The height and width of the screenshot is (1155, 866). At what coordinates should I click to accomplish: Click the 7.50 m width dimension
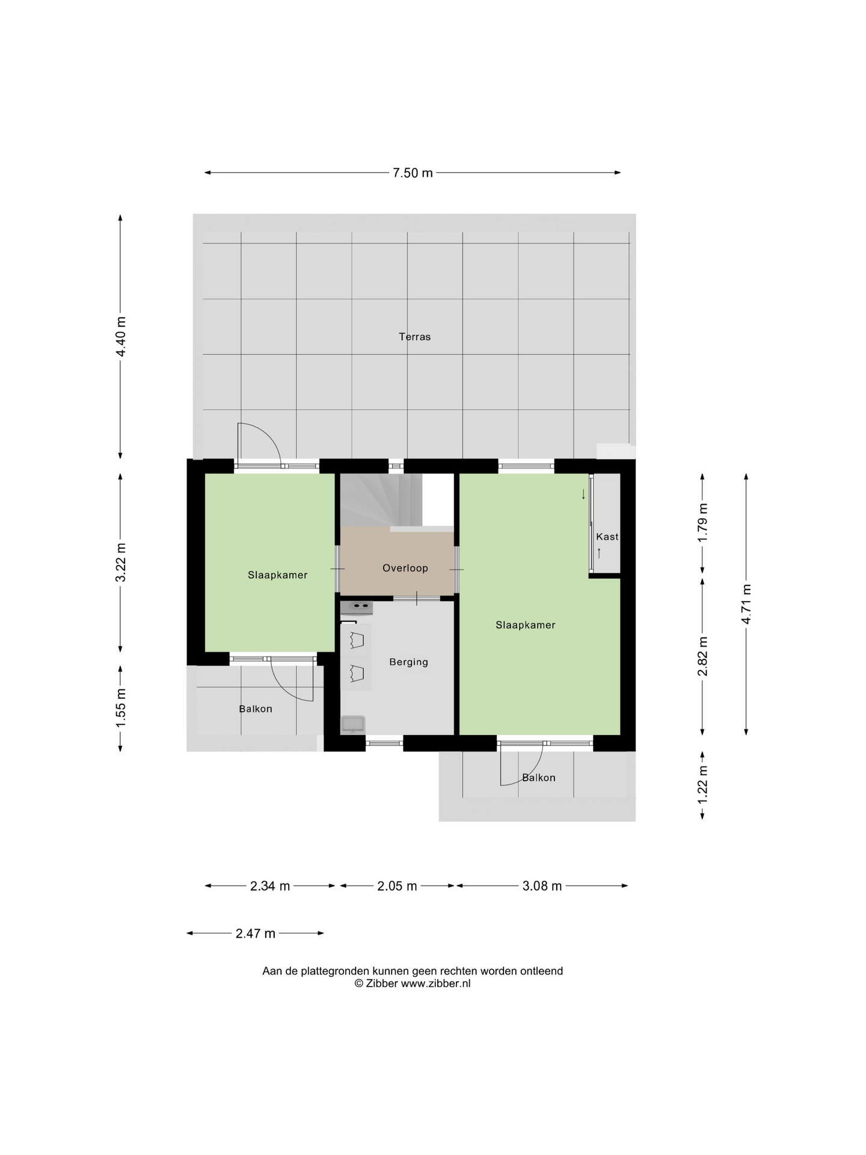pos(413,173)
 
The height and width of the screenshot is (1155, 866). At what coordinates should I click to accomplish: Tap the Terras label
pos(415,337)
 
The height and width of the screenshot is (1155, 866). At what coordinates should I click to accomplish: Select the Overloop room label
pos(405,568)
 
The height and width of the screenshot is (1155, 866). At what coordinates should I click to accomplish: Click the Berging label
pos(409,662)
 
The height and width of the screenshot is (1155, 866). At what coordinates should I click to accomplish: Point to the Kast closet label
pos(607,537)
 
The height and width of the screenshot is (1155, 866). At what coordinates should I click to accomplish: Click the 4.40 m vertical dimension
pos(121,336)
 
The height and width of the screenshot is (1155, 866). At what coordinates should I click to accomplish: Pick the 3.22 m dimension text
pos(121,562)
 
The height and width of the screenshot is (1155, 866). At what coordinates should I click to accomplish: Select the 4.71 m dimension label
pos(746,604)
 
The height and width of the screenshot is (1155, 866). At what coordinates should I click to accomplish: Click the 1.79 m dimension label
pos(702,522)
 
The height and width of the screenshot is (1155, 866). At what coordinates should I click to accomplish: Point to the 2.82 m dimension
pos(702,656)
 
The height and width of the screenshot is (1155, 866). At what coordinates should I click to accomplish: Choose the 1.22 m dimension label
pos(702,784)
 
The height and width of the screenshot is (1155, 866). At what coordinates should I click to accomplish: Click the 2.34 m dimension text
pos(270,886)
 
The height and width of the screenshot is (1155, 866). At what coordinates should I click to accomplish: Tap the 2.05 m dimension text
pos(397,886)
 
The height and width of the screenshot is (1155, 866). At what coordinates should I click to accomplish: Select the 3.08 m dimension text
pos(542,886)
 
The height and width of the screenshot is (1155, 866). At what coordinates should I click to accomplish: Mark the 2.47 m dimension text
pos(256,934)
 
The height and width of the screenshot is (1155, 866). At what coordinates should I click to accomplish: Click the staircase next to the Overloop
pos(381,499)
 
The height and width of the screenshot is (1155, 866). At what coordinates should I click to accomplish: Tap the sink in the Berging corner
pos(353,724)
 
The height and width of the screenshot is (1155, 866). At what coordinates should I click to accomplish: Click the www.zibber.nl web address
pos(436,984)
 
